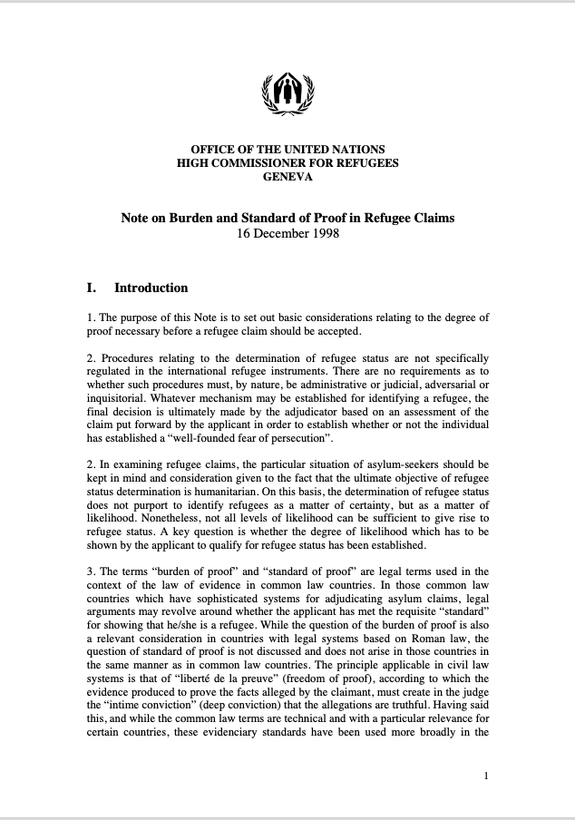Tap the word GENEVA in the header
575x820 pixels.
coord(287,178)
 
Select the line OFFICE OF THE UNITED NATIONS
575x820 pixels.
coord(287,150)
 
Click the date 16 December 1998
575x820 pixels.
coord(287,232)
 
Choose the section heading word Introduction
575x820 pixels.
coord(151,288)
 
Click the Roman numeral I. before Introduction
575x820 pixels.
coord(92,288)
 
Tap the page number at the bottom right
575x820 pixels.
coord(487,776)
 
